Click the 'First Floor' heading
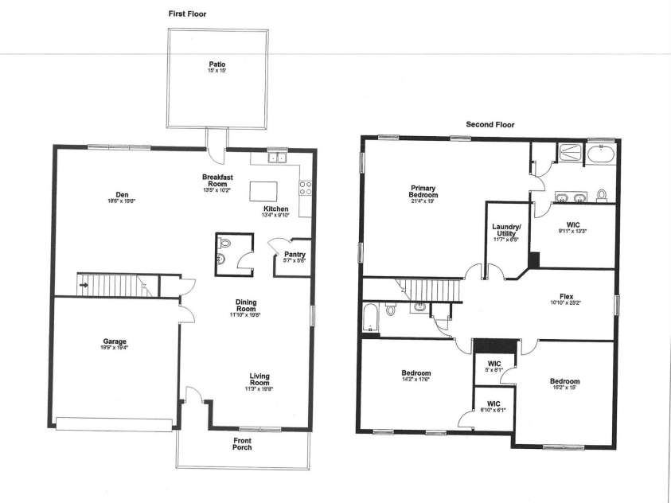(x=188, y=14)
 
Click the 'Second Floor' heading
(x=490, y=124)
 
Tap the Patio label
(x=217, y=64)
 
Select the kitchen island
(x=262, y=192)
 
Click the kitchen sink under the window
(x=276, y=158)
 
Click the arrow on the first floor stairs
(x=83, y=283)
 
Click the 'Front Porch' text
(x=243, y=444)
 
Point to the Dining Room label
(x=245, y=305)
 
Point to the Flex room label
(x=566, y=297)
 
